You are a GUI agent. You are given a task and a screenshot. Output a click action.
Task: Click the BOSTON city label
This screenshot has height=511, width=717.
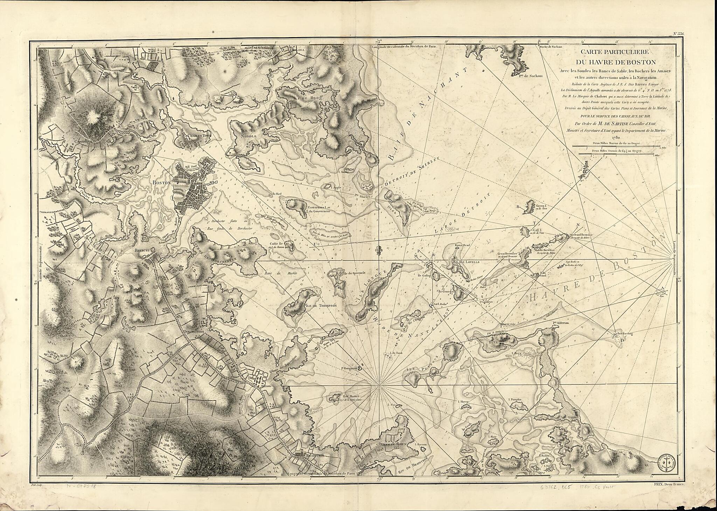click(161, 183)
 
